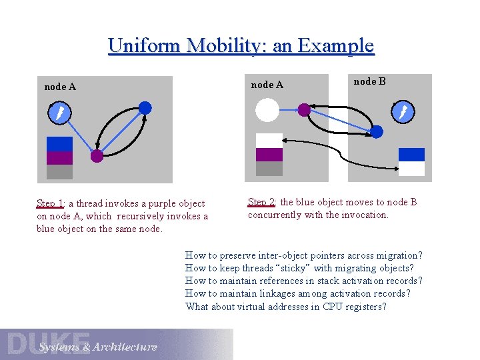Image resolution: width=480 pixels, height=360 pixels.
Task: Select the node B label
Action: coord(369,81)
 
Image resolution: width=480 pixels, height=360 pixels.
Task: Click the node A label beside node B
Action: coord(267,85)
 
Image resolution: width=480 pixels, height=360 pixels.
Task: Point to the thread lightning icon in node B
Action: coord(403,112)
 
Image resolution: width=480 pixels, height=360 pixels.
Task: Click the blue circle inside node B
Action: coord(377,131)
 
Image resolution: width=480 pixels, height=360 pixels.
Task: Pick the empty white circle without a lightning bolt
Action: coord(267,111)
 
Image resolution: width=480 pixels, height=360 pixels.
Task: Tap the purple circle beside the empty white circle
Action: coord(304,109)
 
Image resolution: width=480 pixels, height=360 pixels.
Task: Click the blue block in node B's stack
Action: coord(411,155)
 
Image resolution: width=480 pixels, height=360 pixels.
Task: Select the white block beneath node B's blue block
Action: coord(411,168)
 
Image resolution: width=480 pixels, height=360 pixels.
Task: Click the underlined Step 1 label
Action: coord(50,203)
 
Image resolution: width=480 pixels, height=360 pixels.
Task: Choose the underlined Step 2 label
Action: coord(261,202)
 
